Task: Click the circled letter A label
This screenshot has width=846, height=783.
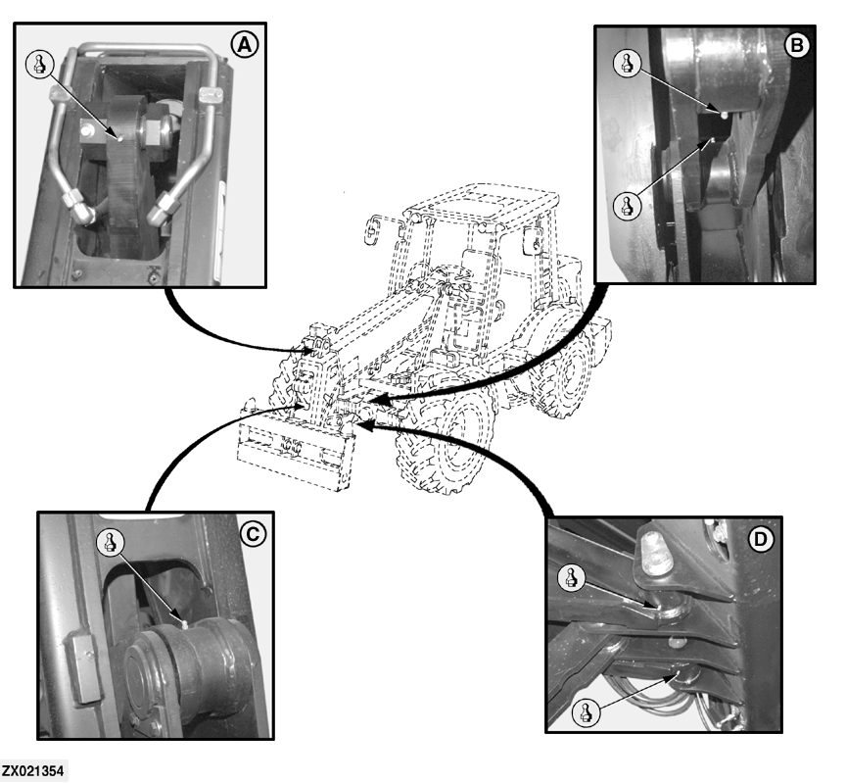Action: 245,45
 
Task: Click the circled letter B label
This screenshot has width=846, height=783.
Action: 796,46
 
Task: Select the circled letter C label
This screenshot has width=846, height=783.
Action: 253,534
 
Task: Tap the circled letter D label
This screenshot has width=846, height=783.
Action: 760,539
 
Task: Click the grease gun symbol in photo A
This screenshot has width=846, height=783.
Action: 40,65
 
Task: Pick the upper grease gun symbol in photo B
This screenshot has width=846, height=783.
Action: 628,64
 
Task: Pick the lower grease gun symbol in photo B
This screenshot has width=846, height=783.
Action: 628,206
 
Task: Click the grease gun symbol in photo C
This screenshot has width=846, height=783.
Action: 110,542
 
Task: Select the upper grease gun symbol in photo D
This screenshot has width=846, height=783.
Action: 572,578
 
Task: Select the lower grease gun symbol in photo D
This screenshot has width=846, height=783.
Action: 586,712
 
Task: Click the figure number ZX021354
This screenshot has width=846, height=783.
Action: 32,770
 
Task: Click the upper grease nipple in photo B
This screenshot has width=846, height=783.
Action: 724,114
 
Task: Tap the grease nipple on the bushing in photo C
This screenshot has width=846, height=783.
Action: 184,625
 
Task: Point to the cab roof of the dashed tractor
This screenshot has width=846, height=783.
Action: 482,203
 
